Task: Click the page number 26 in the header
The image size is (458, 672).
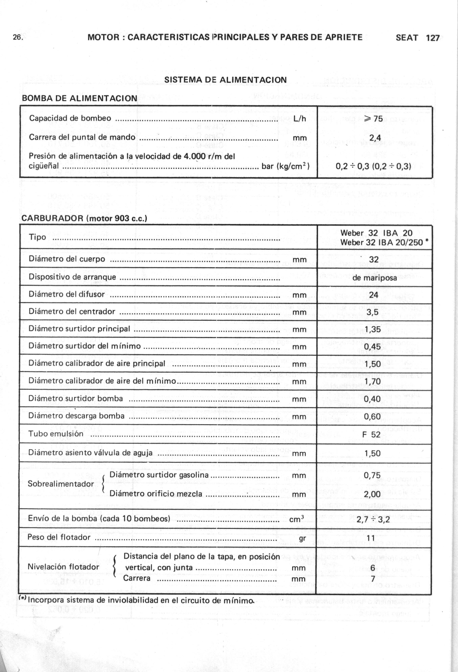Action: coord(18,38)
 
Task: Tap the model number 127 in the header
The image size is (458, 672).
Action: coord(433,38)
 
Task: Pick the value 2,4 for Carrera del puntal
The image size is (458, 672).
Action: coord(375,138)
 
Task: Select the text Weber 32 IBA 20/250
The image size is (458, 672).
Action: coord(381,242)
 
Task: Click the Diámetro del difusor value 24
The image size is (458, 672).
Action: coord(374,295)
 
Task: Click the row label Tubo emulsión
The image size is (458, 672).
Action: coord(52,434)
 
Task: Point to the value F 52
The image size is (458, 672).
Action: coord(371,434)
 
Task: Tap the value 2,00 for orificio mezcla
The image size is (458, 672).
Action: coord(372,494)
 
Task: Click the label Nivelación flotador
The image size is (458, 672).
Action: coord(63,567)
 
